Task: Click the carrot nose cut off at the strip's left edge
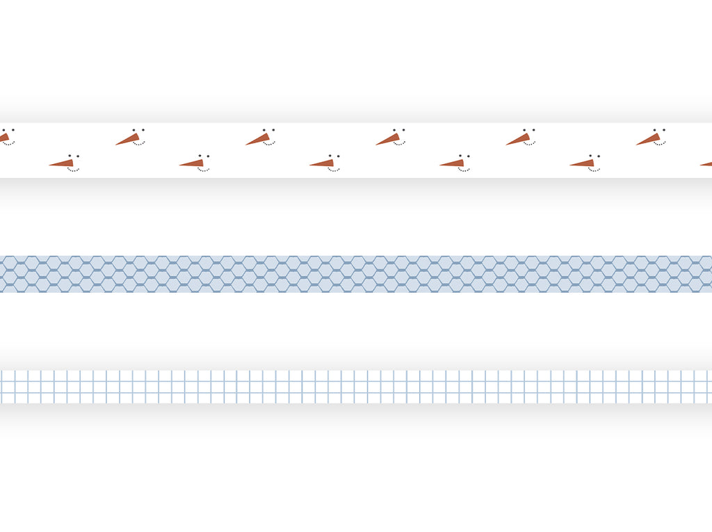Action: click(x=3, y=138)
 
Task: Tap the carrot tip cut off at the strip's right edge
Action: click(x=707, y=164)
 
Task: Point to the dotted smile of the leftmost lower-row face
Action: click(x=73, y=170)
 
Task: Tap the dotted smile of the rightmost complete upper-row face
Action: click(x=659, y=144)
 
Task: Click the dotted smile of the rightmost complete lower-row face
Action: click(x=594, y=170)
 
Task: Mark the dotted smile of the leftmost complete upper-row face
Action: click(x=139, y=144)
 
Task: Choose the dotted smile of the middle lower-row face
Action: click(x=334, y=170)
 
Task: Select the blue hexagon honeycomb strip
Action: click(x=356, y=274)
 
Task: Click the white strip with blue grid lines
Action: click(x=356, y=387)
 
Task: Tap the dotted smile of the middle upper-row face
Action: click(x=399, y=144)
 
